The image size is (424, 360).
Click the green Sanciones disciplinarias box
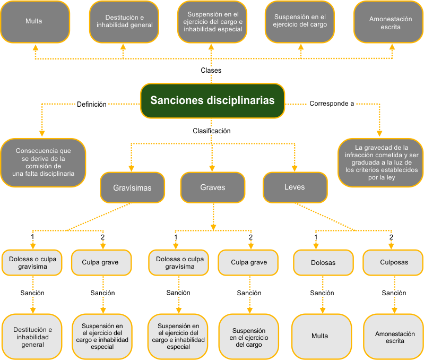[212, 100]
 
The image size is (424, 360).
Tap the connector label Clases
[211, 71]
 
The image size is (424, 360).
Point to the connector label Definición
[91, 104]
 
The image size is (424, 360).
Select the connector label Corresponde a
[332, 104]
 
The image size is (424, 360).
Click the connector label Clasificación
[211, 131]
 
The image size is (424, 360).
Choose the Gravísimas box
[132, 187]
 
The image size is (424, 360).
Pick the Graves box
[212, 187]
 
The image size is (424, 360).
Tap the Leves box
[295, 187]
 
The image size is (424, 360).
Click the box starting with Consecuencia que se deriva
[44, 162]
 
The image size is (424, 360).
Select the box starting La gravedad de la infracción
[380, 162]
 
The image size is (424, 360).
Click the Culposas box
[394, 262]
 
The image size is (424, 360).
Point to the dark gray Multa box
[34, 21]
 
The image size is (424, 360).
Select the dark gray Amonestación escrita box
[390, 22]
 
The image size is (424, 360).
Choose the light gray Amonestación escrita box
[394, 337]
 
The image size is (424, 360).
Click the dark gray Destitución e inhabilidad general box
[124, 21]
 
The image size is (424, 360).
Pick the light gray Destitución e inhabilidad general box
[33, 337]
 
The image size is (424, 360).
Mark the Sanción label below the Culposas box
[394, 293]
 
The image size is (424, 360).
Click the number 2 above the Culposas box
[391, 237]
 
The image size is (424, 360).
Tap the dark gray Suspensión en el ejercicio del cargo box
[300, 21]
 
